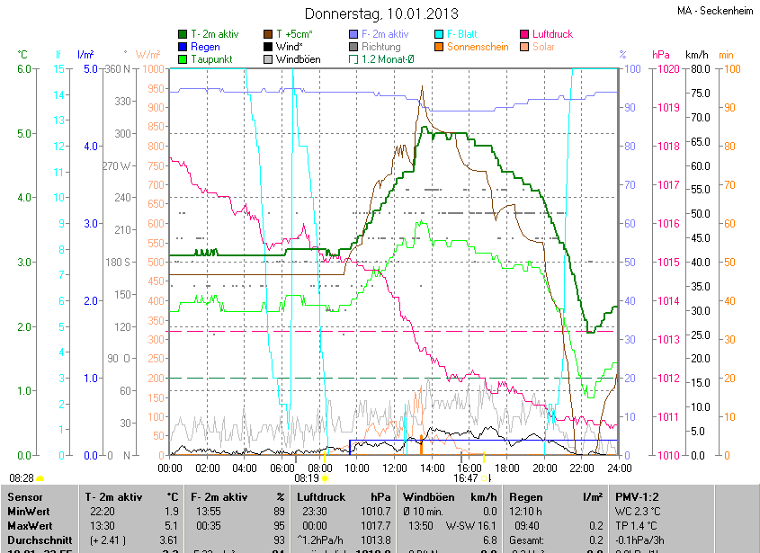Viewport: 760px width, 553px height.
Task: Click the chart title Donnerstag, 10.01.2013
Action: pos(381,13)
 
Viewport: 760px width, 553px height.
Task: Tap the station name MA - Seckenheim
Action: pos(716,11)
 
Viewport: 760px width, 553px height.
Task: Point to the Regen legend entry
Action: pos(204,47)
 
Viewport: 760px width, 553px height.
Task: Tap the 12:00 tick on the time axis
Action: pos(395,468)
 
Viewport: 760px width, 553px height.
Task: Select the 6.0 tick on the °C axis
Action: pos(24,69)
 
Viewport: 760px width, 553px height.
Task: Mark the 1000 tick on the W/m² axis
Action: pos(155,69)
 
